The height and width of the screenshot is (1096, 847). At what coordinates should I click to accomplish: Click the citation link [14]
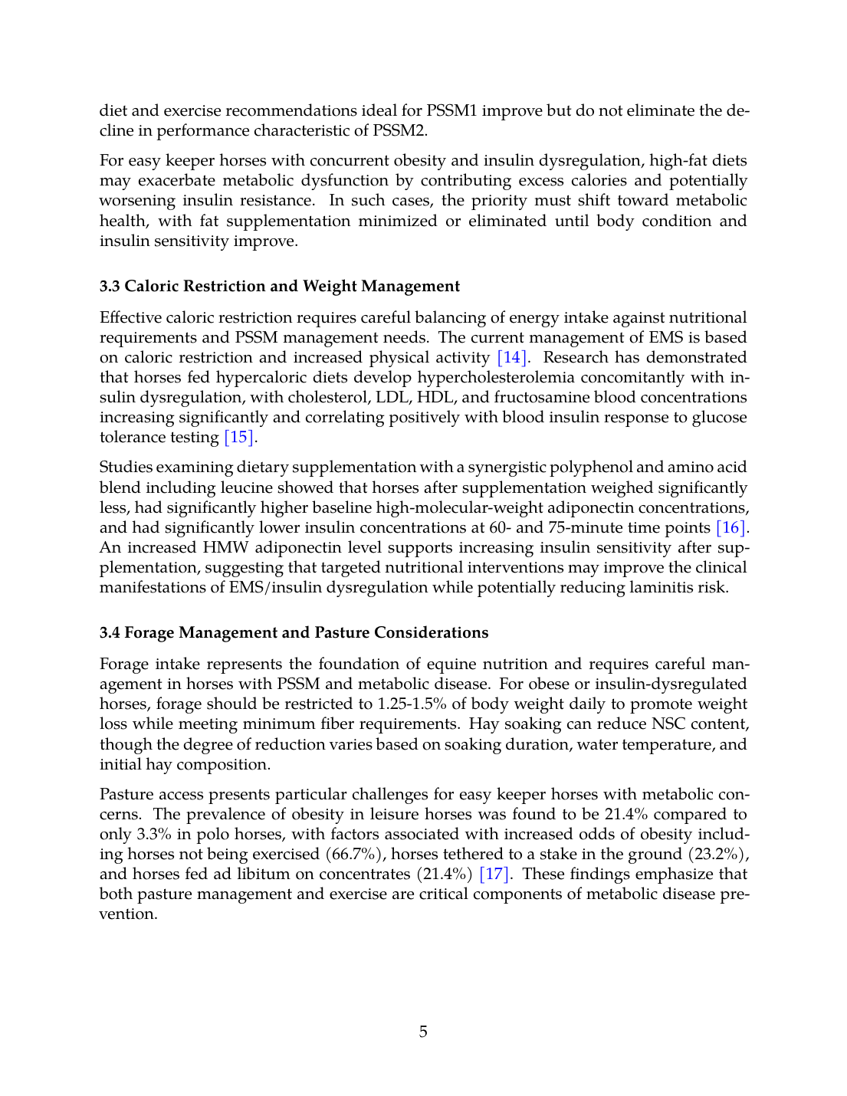(512, 357)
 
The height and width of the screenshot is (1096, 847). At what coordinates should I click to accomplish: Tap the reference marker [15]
(239, 437)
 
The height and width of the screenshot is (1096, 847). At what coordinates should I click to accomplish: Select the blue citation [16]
(730, 527)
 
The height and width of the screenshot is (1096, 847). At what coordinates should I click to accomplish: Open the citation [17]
(494, 874)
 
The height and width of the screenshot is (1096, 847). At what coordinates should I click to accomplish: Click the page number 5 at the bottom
(423, 1032)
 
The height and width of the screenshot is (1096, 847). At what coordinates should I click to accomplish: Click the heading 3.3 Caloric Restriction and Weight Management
(280, 286)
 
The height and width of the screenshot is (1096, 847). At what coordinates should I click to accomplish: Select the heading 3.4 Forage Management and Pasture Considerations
(294, 632)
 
